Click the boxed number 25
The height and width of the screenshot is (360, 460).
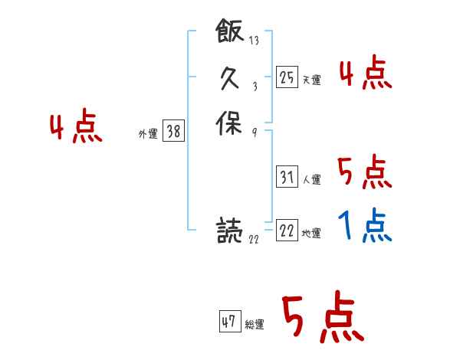[287, 77]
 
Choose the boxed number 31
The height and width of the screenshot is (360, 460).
[287, 178]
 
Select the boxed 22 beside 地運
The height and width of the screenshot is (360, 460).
[287, 231]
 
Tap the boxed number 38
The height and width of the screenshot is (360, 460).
[173, 132]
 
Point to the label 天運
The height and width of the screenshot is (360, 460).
[311, 80]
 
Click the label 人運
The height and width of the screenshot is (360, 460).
[311, 180]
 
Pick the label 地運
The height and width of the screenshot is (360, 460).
[311, 234]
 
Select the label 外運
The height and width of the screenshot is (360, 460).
[148, 134]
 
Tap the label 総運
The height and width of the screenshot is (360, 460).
[255, 324]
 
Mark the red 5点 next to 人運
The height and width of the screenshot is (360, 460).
[364, 172]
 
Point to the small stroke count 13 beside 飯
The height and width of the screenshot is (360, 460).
[254, 41]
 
